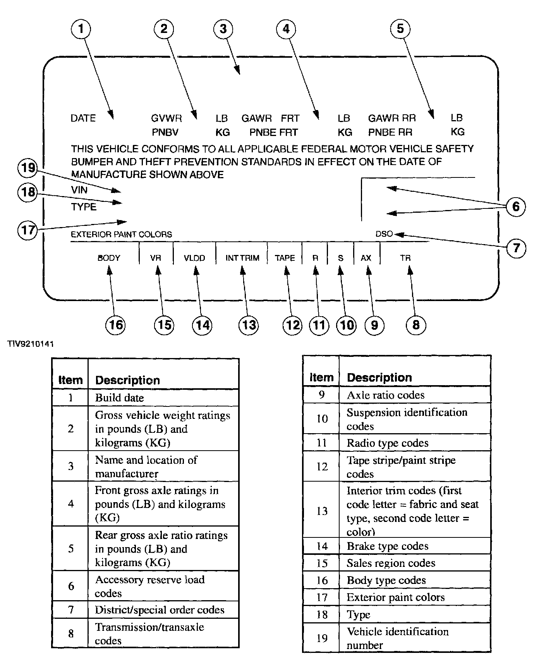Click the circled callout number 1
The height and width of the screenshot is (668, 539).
tap(81, 29)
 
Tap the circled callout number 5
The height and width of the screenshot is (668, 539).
tap(400, 29)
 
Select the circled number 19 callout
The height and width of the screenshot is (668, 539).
tap(28, 168)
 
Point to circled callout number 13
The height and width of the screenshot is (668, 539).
tap(249, 324)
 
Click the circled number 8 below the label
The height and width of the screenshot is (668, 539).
tap(416, 324)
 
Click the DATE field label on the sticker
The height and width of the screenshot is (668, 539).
tap(83, 118)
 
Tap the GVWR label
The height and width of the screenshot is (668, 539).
tap(167, 118)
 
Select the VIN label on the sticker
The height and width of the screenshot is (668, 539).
tap(79, 190)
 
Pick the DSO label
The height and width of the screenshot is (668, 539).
tap(384, 234)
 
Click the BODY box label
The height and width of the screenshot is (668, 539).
tap(109, 258)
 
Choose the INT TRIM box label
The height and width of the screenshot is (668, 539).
tap(242, 258)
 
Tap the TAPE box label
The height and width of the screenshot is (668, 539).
tap(285, 258)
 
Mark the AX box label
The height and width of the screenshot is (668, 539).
tap(366, 258)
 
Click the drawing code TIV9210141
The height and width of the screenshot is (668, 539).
tap(30, 344)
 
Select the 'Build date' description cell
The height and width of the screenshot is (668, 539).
tap(120, 398)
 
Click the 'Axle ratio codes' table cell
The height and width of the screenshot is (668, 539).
tap(386, 395)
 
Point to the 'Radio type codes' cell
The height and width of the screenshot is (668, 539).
tap(388, 443)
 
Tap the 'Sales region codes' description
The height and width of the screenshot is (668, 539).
tap(391, 563)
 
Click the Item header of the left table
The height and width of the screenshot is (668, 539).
tap(70, 380)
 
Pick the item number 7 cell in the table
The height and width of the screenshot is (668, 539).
tap(70, 610)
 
